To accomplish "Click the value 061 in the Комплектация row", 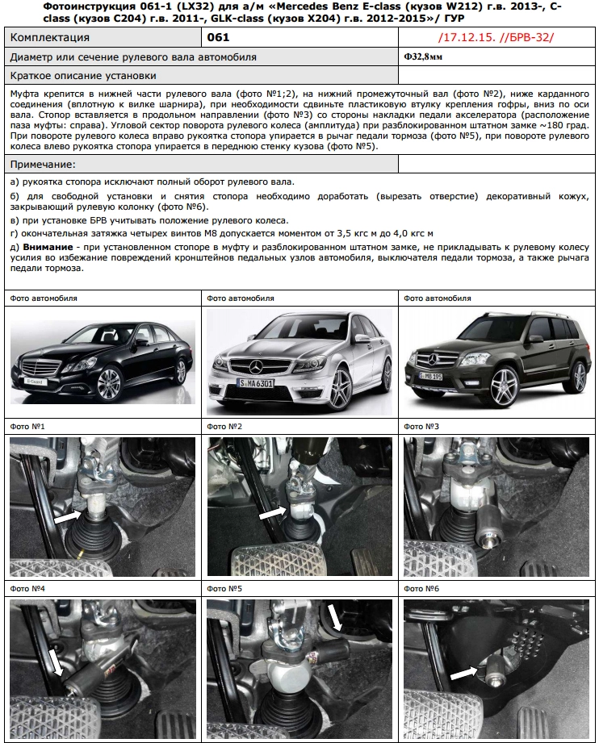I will tap(218, 38).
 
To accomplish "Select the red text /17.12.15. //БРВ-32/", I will tap(496, 38).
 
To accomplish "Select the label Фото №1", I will tap(27, 426).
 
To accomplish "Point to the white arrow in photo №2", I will tap(273, 511).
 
